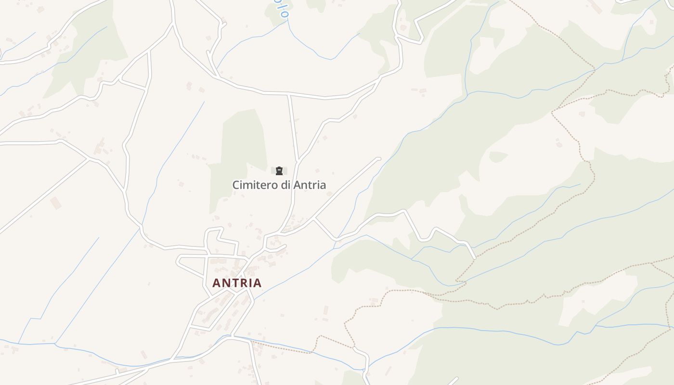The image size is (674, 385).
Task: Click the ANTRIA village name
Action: (x=237, y=283)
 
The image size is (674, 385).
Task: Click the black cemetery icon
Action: (x=279, y=171)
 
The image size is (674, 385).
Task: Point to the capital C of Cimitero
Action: (x=236, y=185)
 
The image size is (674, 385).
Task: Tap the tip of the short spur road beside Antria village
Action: (x=285, y=246)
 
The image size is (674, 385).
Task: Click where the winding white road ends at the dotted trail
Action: (x=474, y=258)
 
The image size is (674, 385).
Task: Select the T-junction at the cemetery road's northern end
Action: (x=289, y=94)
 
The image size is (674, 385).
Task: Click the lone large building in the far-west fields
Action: (x=55, y=203)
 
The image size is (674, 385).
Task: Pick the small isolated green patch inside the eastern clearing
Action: (x=498, y=156)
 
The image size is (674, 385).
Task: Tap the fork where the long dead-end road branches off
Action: (x=314, y=219)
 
